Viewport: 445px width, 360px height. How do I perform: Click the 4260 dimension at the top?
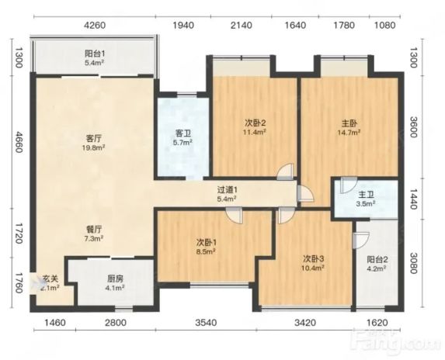(x=95, y=26)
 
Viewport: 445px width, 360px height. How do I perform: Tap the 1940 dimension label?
(x=183, y=26)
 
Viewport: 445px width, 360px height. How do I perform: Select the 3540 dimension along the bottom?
(x=206, y=323)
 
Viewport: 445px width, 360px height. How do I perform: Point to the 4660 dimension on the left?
(x=19, y=142)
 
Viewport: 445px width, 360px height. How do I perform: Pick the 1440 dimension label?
(x=413, y=199)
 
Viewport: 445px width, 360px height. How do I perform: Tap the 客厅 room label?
(x=94, y=139)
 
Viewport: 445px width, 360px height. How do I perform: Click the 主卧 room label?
(x=349, y=123)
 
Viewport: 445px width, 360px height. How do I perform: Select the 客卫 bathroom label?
(x=183, y=133)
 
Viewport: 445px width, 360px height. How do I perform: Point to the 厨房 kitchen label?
(x=116, y=279)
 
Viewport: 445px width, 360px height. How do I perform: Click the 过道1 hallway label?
(x=227, y=189)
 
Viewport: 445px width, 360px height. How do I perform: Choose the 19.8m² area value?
(x=94, y=147)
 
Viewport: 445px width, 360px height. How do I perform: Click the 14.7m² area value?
(x=349, y=133)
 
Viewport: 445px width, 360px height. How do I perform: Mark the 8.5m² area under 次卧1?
(x=206, y=251)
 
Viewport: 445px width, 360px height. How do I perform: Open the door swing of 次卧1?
(x=235, y=216)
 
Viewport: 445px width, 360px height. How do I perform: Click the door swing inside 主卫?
(x=349, y=185)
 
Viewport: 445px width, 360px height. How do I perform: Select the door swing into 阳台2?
(x=361, y=241)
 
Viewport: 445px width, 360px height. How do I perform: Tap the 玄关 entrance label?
(x=50, y=279)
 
